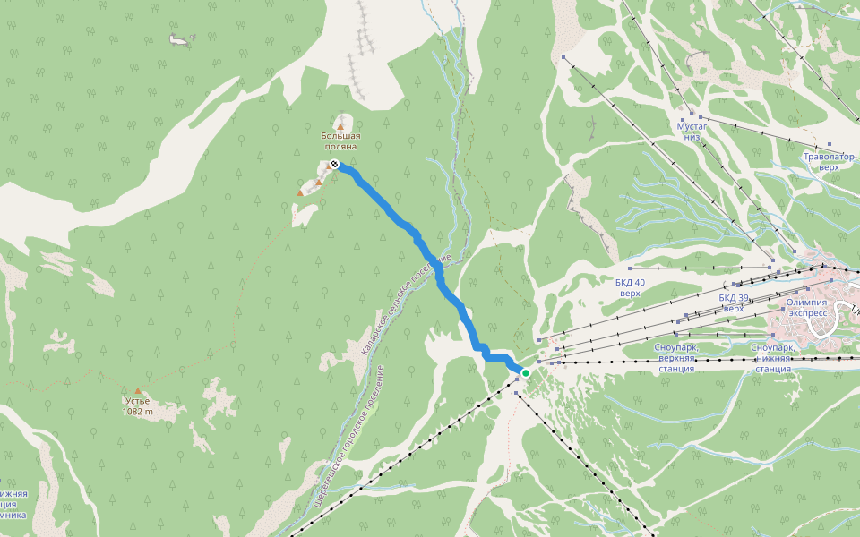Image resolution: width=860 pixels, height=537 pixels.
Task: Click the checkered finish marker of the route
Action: (333, 164)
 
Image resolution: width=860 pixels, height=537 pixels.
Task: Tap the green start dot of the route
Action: (526, 372)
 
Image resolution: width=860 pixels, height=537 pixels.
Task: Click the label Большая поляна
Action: (340, 141)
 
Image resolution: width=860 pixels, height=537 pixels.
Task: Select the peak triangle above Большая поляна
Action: (340, 126)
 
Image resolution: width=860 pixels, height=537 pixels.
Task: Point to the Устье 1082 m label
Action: (138, 406)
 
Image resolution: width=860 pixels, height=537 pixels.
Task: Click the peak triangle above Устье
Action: (138, 390)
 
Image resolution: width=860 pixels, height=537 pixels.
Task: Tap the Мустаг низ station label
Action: (692, 132)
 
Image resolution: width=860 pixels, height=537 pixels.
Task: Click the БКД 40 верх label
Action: (630, 287)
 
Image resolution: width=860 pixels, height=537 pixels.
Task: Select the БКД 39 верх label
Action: (733, 303)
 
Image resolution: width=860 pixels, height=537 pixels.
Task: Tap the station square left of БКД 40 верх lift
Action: (631, 268)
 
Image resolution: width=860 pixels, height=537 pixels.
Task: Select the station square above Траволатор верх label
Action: (830, 142)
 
